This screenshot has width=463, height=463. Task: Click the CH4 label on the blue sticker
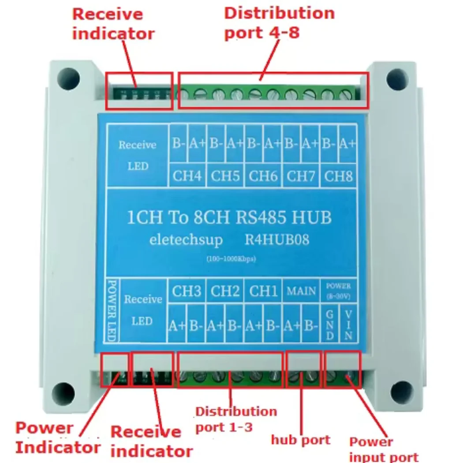pos(187,176)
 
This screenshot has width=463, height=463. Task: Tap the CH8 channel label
pos(339,176)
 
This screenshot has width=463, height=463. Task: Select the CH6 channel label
pos(263,176)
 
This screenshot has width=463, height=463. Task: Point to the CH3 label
pos(187,291)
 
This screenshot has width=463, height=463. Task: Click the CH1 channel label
pos(263,291)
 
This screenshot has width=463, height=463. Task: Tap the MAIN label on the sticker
pos(302,291)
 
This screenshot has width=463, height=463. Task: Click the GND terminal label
pos(329,325)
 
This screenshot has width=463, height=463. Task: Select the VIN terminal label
pos(348,325)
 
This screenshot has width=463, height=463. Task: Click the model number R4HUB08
pos(276,240)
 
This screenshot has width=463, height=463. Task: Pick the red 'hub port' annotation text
pos(300,440)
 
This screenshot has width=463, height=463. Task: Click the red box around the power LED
pos(115,370)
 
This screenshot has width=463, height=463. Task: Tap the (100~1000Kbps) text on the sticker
pos(231,259)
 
